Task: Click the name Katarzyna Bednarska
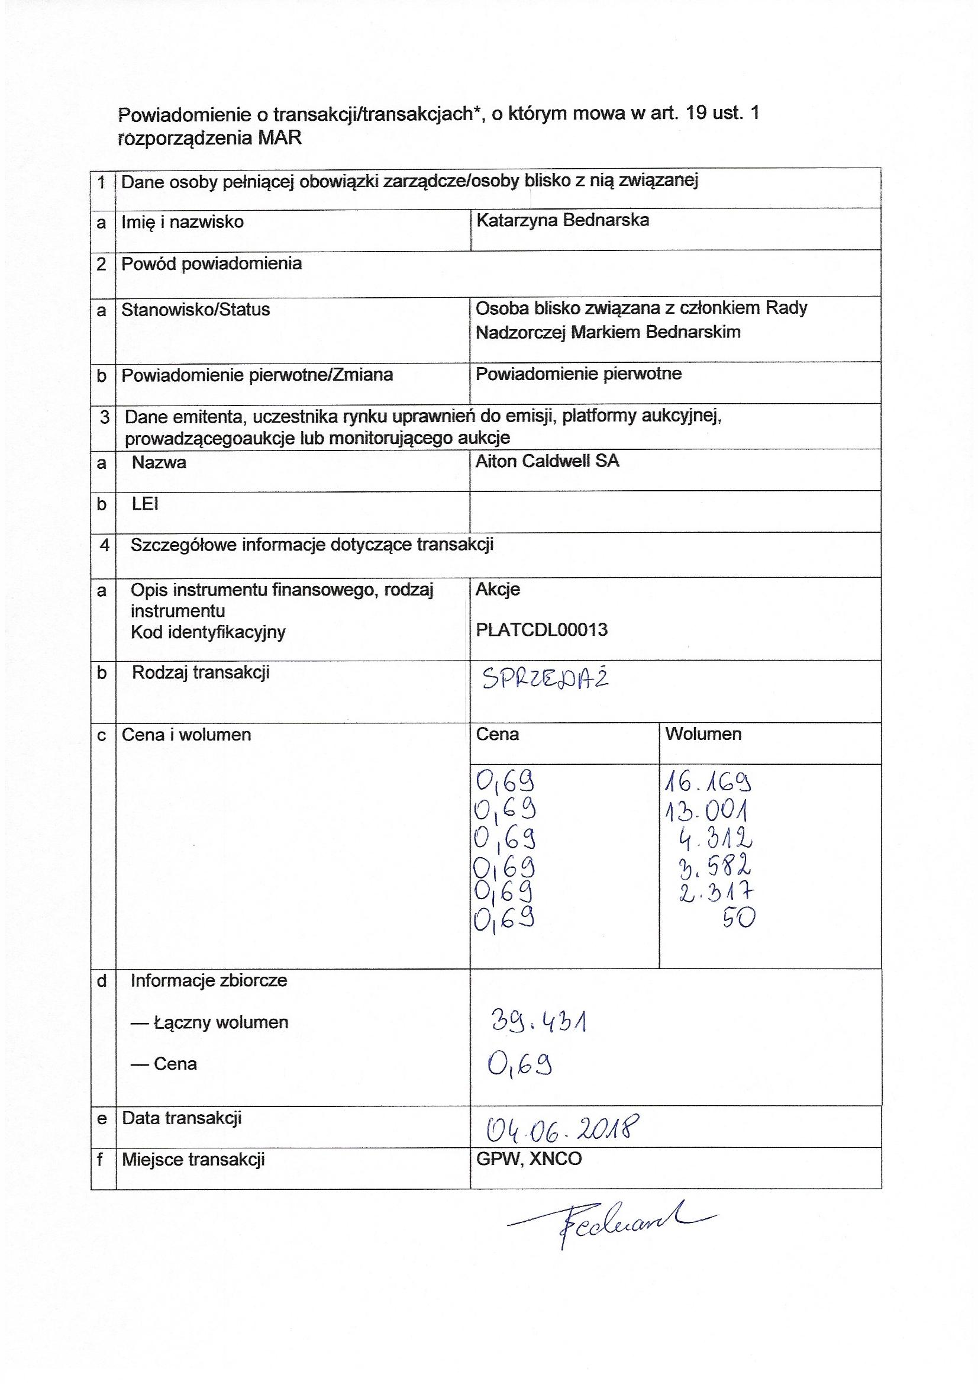click(562, 220)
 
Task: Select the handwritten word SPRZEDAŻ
click(546, 680)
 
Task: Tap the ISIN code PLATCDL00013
click(542, 630)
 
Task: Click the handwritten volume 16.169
click(708, 783)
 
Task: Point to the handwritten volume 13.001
click(707, 811)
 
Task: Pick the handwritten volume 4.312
click(715, 838)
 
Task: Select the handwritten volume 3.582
click(715, 866)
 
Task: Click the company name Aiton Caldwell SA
click(547, 461)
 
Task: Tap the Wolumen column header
click(703, 733)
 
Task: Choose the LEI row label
click(144, 503)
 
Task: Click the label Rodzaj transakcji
click(201, 672)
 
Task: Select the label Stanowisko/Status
click(195, 309)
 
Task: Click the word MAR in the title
click(280, 138)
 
